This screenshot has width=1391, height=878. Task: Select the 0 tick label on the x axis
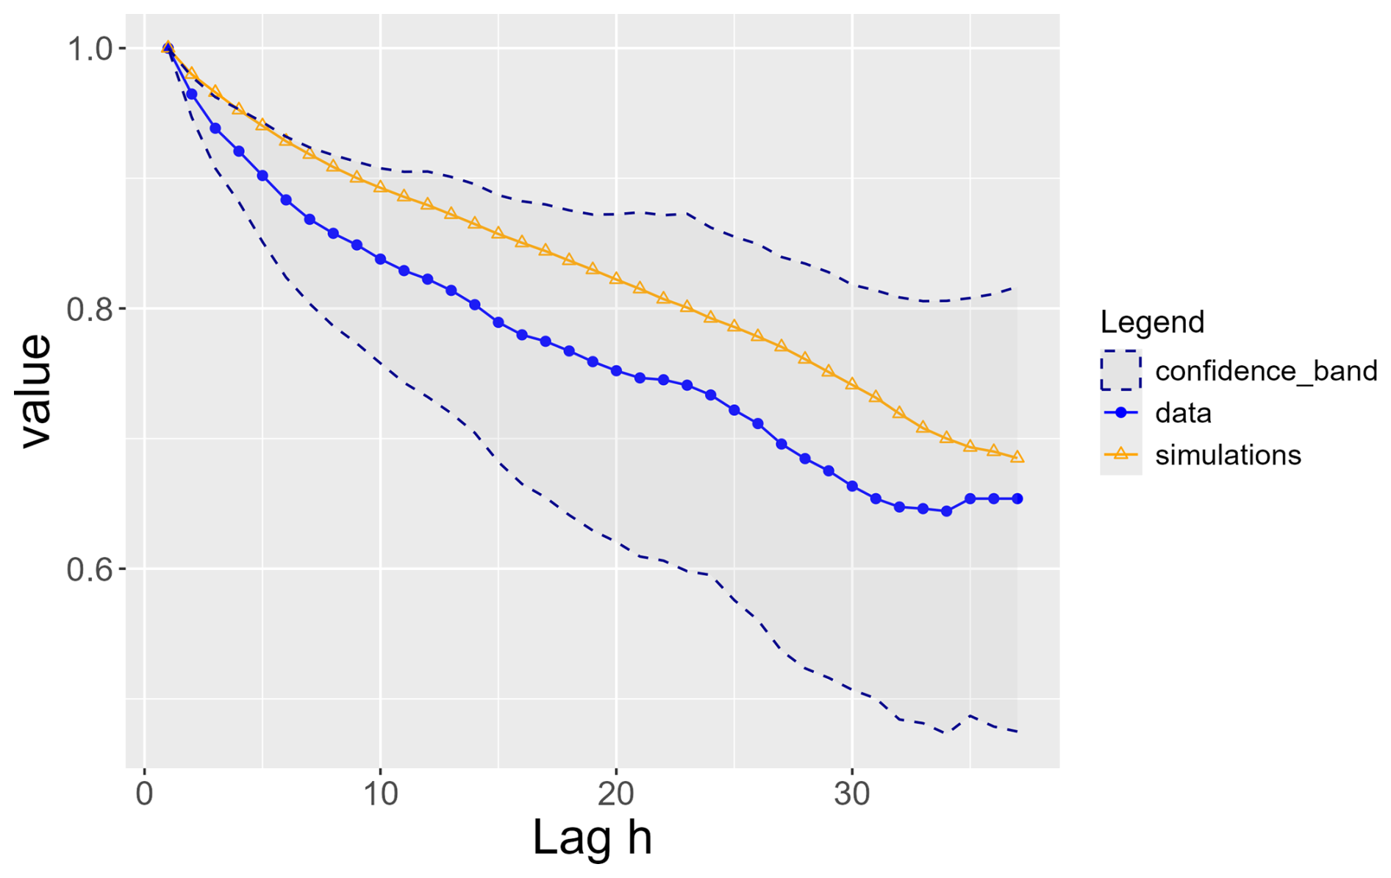pos(144,794)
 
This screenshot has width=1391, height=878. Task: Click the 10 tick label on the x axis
pos(380,794)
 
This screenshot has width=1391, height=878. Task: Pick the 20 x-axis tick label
pos(616,794)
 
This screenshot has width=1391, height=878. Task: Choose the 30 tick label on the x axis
pos(852,794)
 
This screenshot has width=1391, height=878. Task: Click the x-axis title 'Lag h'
pos(592,837)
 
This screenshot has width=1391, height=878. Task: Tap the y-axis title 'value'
pos(35,391)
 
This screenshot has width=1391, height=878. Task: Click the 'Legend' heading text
pos(1152,322)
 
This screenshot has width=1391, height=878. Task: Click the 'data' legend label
pos(1183,413)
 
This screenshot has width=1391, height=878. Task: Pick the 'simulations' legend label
pos(1228,456)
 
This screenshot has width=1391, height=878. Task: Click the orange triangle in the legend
pos(1121,454)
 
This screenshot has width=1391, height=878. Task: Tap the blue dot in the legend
pos(1121,413)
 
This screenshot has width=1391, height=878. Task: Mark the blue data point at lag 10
pos(380,259)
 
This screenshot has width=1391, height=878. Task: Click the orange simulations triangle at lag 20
pos(616,278)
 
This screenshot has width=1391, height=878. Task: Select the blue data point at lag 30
pos(852,486)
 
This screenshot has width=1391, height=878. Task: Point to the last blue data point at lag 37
pos(1018,499)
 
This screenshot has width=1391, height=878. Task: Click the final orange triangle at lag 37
pos(1018,457)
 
